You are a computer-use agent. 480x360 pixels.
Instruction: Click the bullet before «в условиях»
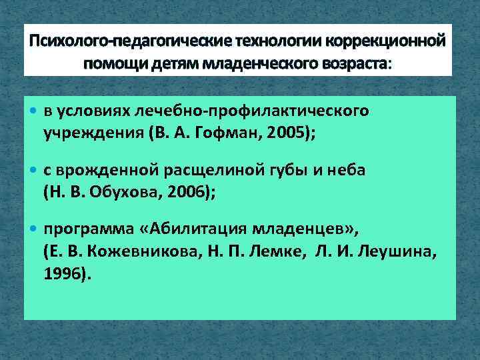tap(35, 110)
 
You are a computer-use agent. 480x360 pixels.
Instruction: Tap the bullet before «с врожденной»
tap(35, 171)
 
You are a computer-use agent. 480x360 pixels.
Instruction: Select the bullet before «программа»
tap(35, 231)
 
